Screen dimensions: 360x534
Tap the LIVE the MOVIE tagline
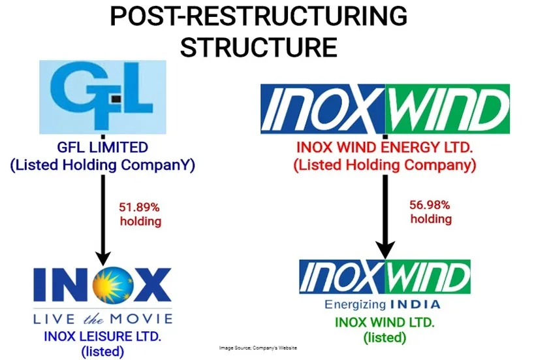click(x=102, y=319)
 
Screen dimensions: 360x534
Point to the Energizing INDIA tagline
click(x=382, y=304)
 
